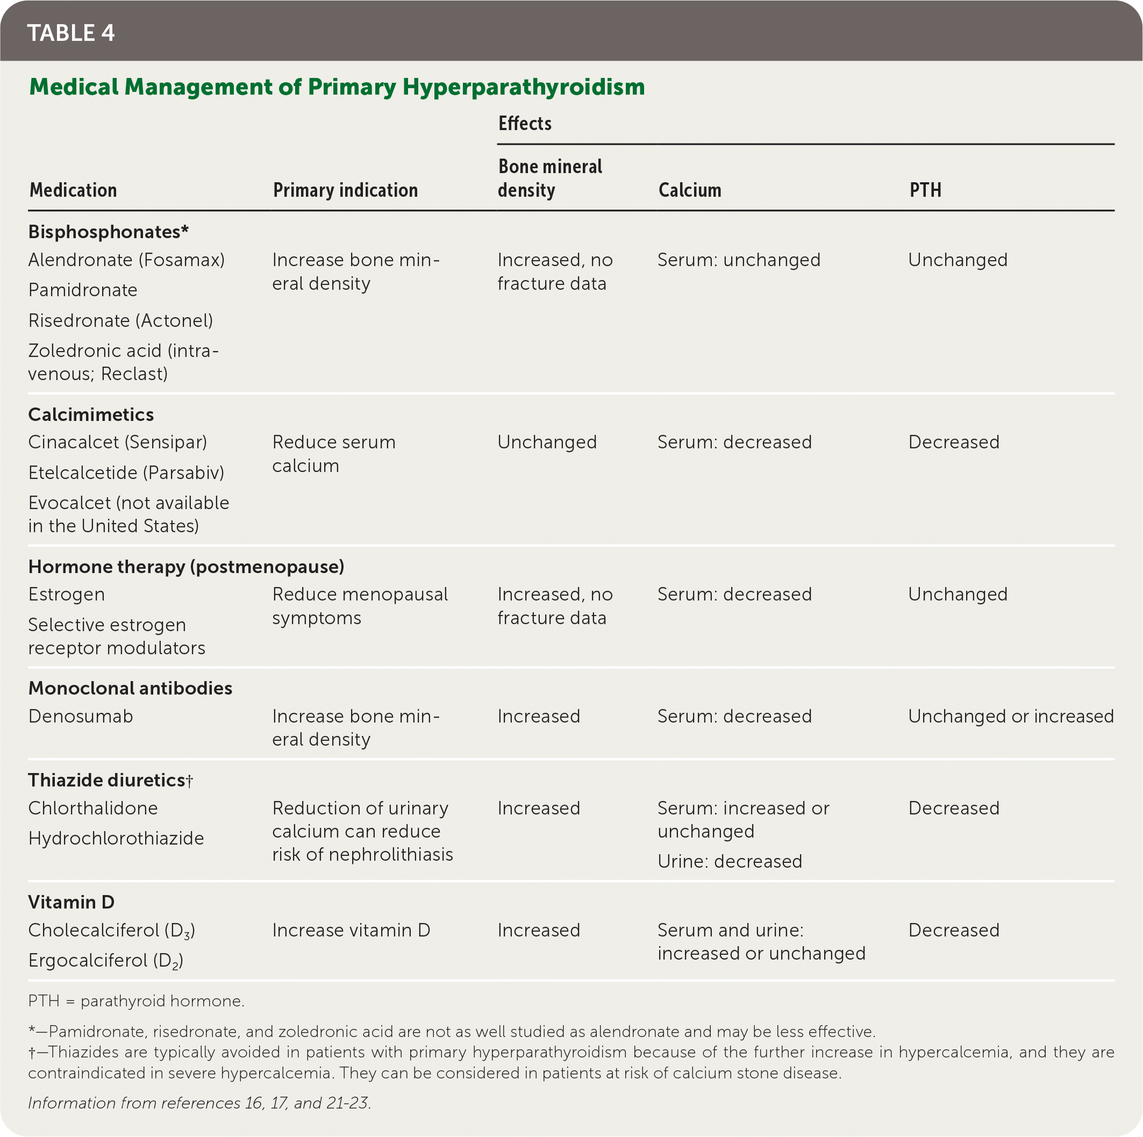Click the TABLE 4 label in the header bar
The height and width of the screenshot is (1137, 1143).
[x=71, y=33]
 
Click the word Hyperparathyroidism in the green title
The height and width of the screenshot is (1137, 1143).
[x=524, y=87]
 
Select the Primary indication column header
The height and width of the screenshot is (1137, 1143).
[x=345, y=190]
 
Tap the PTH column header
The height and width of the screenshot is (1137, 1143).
[x=925, y=190]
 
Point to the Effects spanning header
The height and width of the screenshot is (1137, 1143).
[x=525, y=124]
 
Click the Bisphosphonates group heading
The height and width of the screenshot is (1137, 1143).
[x=108, y=231]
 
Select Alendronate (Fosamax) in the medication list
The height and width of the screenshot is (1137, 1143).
[x=126, y=260]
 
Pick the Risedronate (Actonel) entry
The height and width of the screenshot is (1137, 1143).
[x=120, y=320]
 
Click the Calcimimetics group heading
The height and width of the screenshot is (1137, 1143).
[x=91, y=414]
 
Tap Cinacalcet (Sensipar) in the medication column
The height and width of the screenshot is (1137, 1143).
[x=118, y=442]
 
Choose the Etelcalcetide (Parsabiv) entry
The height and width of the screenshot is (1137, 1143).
[x=126, y=472]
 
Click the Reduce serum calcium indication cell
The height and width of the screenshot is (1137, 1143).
[x=334, y=454]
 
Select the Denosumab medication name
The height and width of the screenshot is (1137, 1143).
[x=81, y=716]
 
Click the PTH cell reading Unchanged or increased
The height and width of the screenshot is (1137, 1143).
[x=1011, y=716]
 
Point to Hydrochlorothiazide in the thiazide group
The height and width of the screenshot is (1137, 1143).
[x=116, y=838]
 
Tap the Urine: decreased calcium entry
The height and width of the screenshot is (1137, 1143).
[x=730, y=861]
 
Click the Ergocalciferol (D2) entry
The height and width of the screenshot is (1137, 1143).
[x=106, y=960]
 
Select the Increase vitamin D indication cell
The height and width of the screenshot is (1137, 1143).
[x=351, y=930]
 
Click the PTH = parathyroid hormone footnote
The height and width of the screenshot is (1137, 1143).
[x=136, y=1000]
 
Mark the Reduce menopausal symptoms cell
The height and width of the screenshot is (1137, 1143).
[x=360, y=606]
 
